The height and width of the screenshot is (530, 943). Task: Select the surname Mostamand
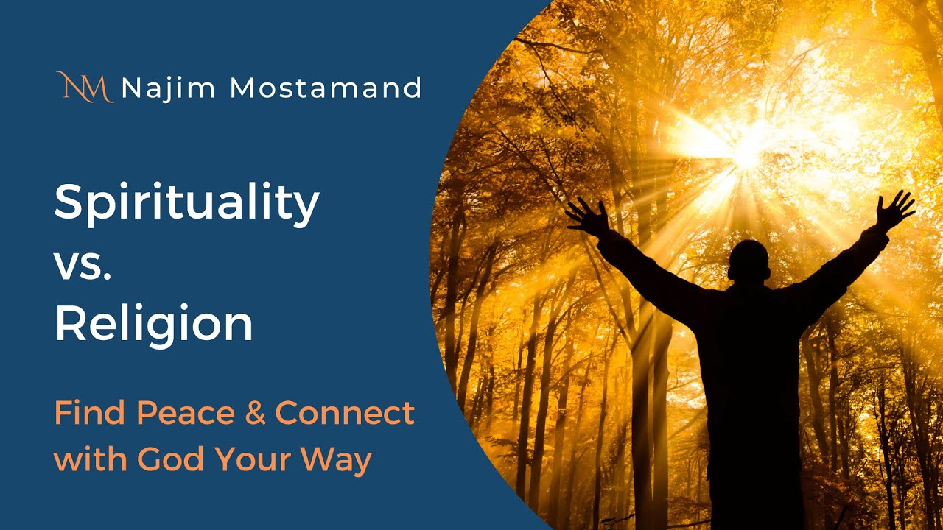point(325,88)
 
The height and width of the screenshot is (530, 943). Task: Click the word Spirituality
point(186,203)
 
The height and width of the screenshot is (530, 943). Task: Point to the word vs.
point(82,262)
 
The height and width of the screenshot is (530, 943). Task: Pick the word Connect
point(345,414)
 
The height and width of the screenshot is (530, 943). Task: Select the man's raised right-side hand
point(894,209)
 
